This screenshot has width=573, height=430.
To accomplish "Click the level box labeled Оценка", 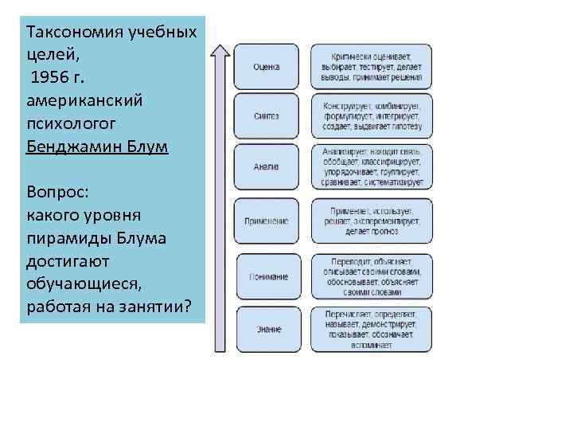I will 267,66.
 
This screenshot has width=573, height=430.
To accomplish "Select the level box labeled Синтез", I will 267,116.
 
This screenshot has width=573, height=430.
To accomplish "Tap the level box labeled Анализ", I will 267,167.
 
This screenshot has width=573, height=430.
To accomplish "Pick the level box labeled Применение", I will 267,221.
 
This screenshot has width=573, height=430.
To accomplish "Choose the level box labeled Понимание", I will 267,276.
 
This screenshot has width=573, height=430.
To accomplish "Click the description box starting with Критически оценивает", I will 371,66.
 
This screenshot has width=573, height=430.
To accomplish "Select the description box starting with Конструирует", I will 371,116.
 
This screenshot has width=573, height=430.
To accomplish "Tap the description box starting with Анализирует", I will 371,167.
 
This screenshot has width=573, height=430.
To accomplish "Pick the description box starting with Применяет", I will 371,221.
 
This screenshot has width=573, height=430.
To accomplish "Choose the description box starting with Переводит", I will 371,276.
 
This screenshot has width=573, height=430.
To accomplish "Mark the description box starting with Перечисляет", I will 371,328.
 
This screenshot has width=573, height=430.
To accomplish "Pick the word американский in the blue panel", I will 84,102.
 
